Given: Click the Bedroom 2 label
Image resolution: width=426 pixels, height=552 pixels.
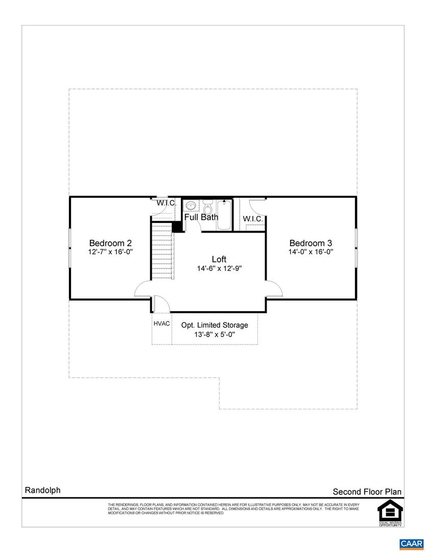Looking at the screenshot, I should point(110,243).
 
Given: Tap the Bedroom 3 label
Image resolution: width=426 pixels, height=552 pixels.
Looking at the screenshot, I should point(311,243).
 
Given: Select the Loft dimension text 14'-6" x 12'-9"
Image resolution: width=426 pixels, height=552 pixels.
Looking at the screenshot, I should point(219,268).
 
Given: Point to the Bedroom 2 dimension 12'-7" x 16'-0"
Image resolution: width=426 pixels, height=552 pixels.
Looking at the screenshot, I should point(110,252).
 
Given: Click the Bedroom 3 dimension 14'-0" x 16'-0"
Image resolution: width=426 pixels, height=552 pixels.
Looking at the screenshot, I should point(311,252).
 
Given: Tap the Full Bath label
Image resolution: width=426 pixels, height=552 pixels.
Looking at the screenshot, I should point(201,217).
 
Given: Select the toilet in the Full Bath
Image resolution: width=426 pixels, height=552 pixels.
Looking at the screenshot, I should point(207,208).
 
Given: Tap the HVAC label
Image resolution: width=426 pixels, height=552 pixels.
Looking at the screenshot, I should point(161,324).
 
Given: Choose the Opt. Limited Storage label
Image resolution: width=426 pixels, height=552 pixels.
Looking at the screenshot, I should point(215,325).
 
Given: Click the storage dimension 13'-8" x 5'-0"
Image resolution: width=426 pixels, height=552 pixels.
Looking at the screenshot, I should point(215,335).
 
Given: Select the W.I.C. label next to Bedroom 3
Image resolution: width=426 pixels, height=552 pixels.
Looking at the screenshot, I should point(253,219).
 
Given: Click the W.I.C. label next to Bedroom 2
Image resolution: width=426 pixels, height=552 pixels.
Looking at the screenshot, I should point(167,203).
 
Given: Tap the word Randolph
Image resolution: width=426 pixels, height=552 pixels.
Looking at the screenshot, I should point(42,490).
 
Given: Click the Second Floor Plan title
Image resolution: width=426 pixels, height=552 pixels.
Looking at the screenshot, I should point(367,492).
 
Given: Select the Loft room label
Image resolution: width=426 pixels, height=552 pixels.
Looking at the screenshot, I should point(219,259).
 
